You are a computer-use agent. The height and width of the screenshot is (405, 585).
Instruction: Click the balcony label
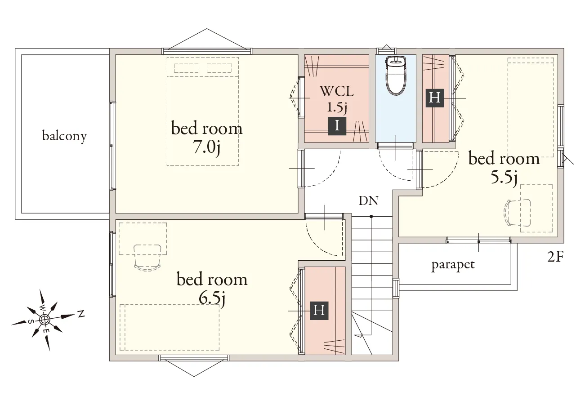click(x=64, y=136)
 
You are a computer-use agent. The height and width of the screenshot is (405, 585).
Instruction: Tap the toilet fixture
click(x=396, y=76)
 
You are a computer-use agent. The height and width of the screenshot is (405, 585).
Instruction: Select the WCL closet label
click(x=337, y=91)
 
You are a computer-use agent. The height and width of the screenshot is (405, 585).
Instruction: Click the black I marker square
click(x=337, y=126)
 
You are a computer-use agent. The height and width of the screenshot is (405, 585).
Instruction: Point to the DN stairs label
click(x=369, y=200)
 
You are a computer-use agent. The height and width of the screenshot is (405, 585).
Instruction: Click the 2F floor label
click(x=555, y=257)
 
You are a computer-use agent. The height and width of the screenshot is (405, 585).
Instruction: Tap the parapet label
click(x=453, y=265)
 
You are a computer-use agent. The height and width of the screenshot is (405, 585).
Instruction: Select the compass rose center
click(x=45, y=319)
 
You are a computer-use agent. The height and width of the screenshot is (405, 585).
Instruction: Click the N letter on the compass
click(x=81, y=314)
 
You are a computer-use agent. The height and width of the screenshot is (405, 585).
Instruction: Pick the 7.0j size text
click(x=206, y=148)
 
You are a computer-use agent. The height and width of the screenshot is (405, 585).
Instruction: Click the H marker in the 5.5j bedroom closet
click(x=435, y=98)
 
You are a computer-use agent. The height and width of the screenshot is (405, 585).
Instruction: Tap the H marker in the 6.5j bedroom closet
click(x=319, y=311)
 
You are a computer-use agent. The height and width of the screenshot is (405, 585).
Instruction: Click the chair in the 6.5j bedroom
click(x=147, y=258)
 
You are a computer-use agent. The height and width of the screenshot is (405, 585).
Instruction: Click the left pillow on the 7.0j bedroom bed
click(x=187, y=68)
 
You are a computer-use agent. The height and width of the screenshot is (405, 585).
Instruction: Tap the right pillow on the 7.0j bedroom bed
click(x=219, y=68)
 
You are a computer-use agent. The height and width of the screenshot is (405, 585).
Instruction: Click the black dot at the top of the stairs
click(x=371, y=217)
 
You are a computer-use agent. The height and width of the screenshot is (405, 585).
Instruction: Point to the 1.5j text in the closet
click(x=337, y=107)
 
